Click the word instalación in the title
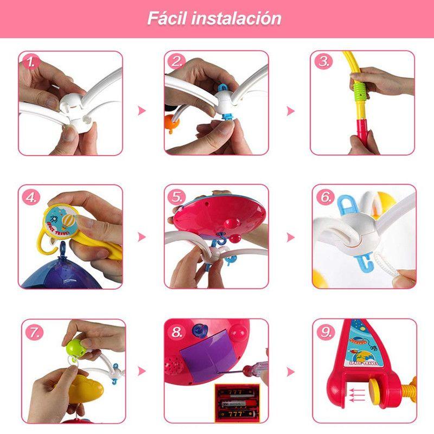click(237, 18)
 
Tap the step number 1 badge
click(31, 62)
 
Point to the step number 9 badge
click(326, 332)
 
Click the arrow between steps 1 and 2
click(142, 111)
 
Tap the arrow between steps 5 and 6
click(290, 237)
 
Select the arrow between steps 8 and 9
click(290, 372)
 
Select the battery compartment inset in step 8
click(237, 403)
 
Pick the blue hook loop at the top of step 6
click(347, 204)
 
